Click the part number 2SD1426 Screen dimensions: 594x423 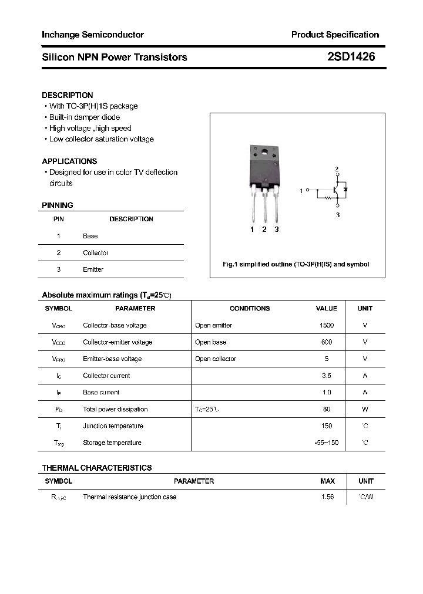tap(351, 57)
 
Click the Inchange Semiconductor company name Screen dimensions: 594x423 tap(93, 35)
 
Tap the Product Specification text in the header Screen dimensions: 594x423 tap(335, 35)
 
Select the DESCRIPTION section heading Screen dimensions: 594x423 tap(68, 95)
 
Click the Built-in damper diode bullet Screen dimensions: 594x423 tap(84, 117)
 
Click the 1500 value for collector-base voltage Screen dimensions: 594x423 tap(327, 325)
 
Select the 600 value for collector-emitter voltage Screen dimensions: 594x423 tap(327, 342)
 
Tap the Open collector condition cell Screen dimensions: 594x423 tap(216, 359)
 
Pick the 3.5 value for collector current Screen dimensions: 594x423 tap(327, 376)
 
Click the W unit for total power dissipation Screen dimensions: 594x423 tap(365, 409)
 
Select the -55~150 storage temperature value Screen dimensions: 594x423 tap(327, 443)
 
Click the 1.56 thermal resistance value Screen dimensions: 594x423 tap(327, 497)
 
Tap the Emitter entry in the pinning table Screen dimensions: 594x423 tap(93, 269)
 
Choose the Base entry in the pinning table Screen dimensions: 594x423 tap(90, 236)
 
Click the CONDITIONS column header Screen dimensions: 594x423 tap(250, 308)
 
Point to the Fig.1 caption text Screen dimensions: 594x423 tap(296, 264)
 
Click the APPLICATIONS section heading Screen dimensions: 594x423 tap(69, 161)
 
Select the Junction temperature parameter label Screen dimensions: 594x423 tap(113, 426)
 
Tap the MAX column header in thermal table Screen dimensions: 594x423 tap(327, 481)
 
